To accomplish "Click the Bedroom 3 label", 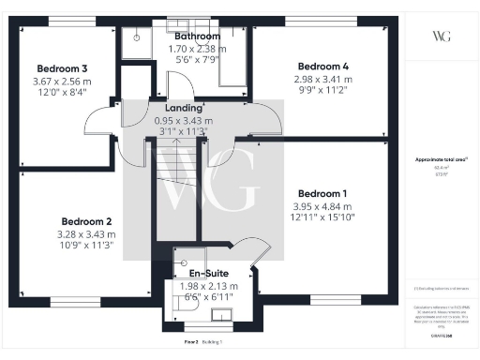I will (63, 68).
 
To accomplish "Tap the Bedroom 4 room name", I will (322, 66).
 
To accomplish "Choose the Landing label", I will (184, 108).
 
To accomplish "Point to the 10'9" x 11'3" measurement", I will (86, 247).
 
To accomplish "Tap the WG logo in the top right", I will (442, 36).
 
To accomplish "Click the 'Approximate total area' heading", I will (441, 159).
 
